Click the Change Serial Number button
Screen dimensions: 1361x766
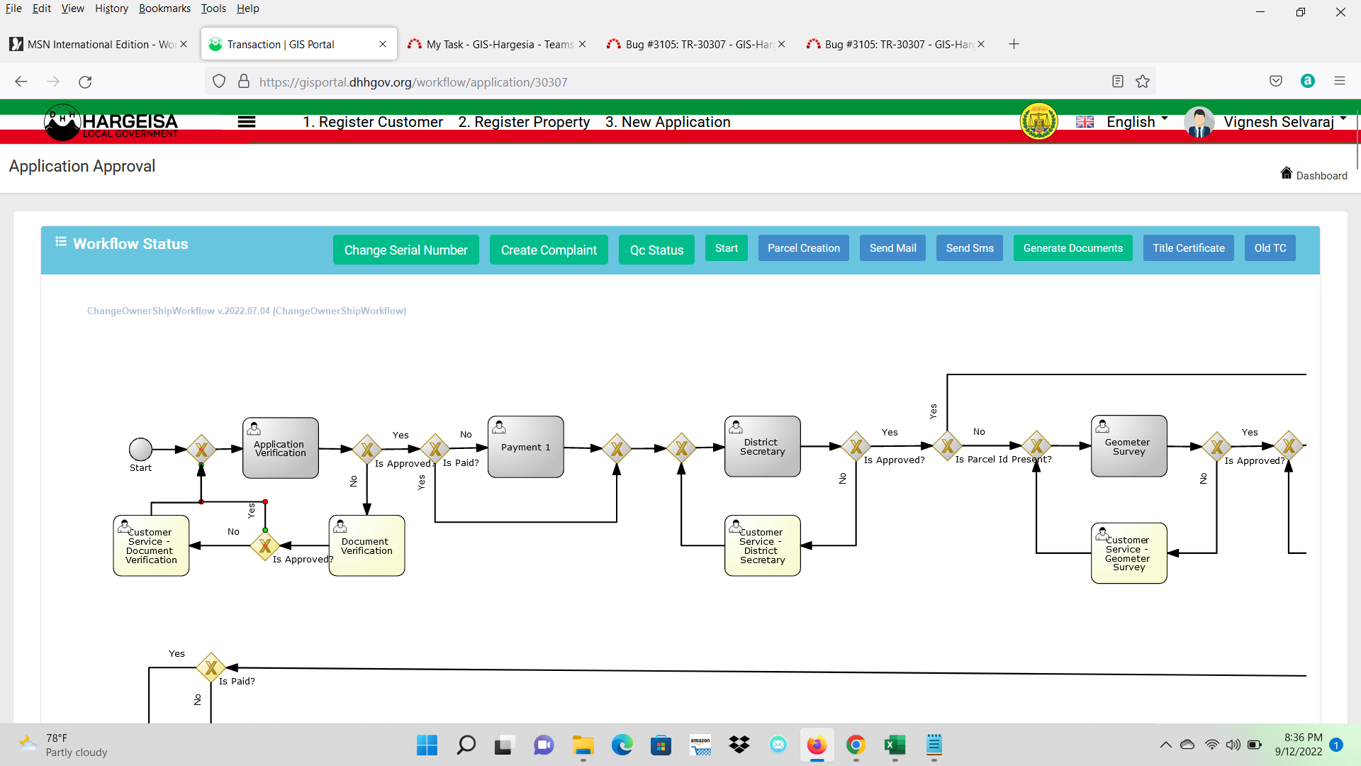click(405, 250)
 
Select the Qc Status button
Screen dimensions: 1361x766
click(656, 250)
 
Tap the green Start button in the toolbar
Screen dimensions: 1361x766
click(726, 248)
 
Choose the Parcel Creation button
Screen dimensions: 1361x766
click(803, 248)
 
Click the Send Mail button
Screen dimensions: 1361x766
click(892, 248)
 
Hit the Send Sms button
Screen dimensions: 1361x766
click(969, 248)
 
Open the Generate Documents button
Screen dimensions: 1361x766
click(1072, 248)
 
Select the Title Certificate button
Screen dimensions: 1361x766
click(1188, 248)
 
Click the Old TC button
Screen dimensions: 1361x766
click(1270, 248)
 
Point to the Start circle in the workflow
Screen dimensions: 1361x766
click(140, 449)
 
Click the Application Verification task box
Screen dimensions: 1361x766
click(281, 448)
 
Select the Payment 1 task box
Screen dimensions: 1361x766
click(526, 447)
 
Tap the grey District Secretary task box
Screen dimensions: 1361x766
click(763, 446)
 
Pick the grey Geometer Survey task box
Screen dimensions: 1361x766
click(1129, 446)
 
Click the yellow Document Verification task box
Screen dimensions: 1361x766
click(367, 545)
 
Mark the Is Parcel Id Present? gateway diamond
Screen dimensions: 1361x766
click(1036, 445)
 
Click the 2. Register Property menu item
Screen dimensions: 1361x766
click(524, 122)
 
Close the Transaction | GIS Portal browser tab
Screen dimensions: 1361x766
click(383, 44)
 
